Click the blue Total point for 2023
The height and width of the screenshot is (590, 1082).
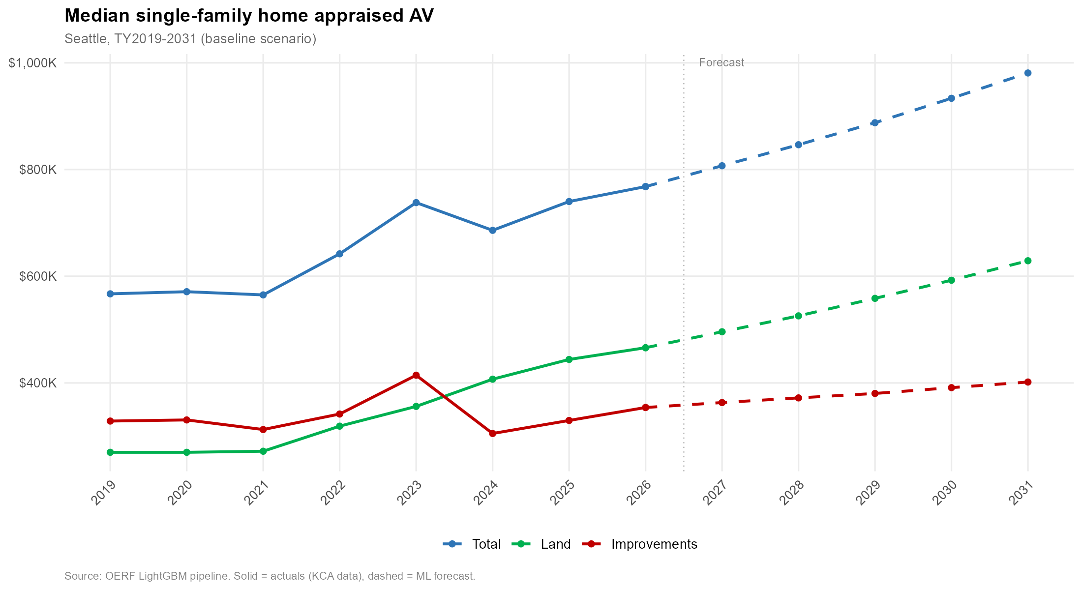(416, 203)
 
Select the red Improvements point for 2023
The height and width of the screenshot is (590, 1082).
(416, 375)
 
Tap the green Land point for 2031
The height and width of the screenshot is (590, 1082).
(1027, 261)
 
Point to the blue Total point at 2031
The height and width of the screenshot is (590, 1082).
(1027, 73)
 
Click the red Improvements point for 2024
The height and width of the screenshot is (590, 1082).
(492, 434)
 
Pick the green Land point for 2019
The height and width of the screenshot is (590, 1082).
(110, 452)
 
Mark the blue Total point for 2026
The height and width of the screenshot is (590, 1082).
(645, 187)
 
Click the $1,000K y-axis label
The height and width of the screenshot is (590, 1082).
(32, 63)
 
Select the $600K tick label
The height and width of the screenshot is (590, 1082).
(38, 276)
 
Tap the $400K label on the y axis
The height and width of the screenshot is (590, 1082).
(38, 383)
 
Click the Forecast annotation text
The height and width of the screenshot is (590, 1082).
(721, 63)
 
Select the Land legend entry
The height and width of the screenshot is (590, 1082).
(555, 544)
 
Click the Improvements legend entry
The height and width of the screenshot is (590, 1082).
(654, 544)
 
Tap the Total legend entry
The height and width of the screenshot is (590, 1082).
(486, 544)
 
